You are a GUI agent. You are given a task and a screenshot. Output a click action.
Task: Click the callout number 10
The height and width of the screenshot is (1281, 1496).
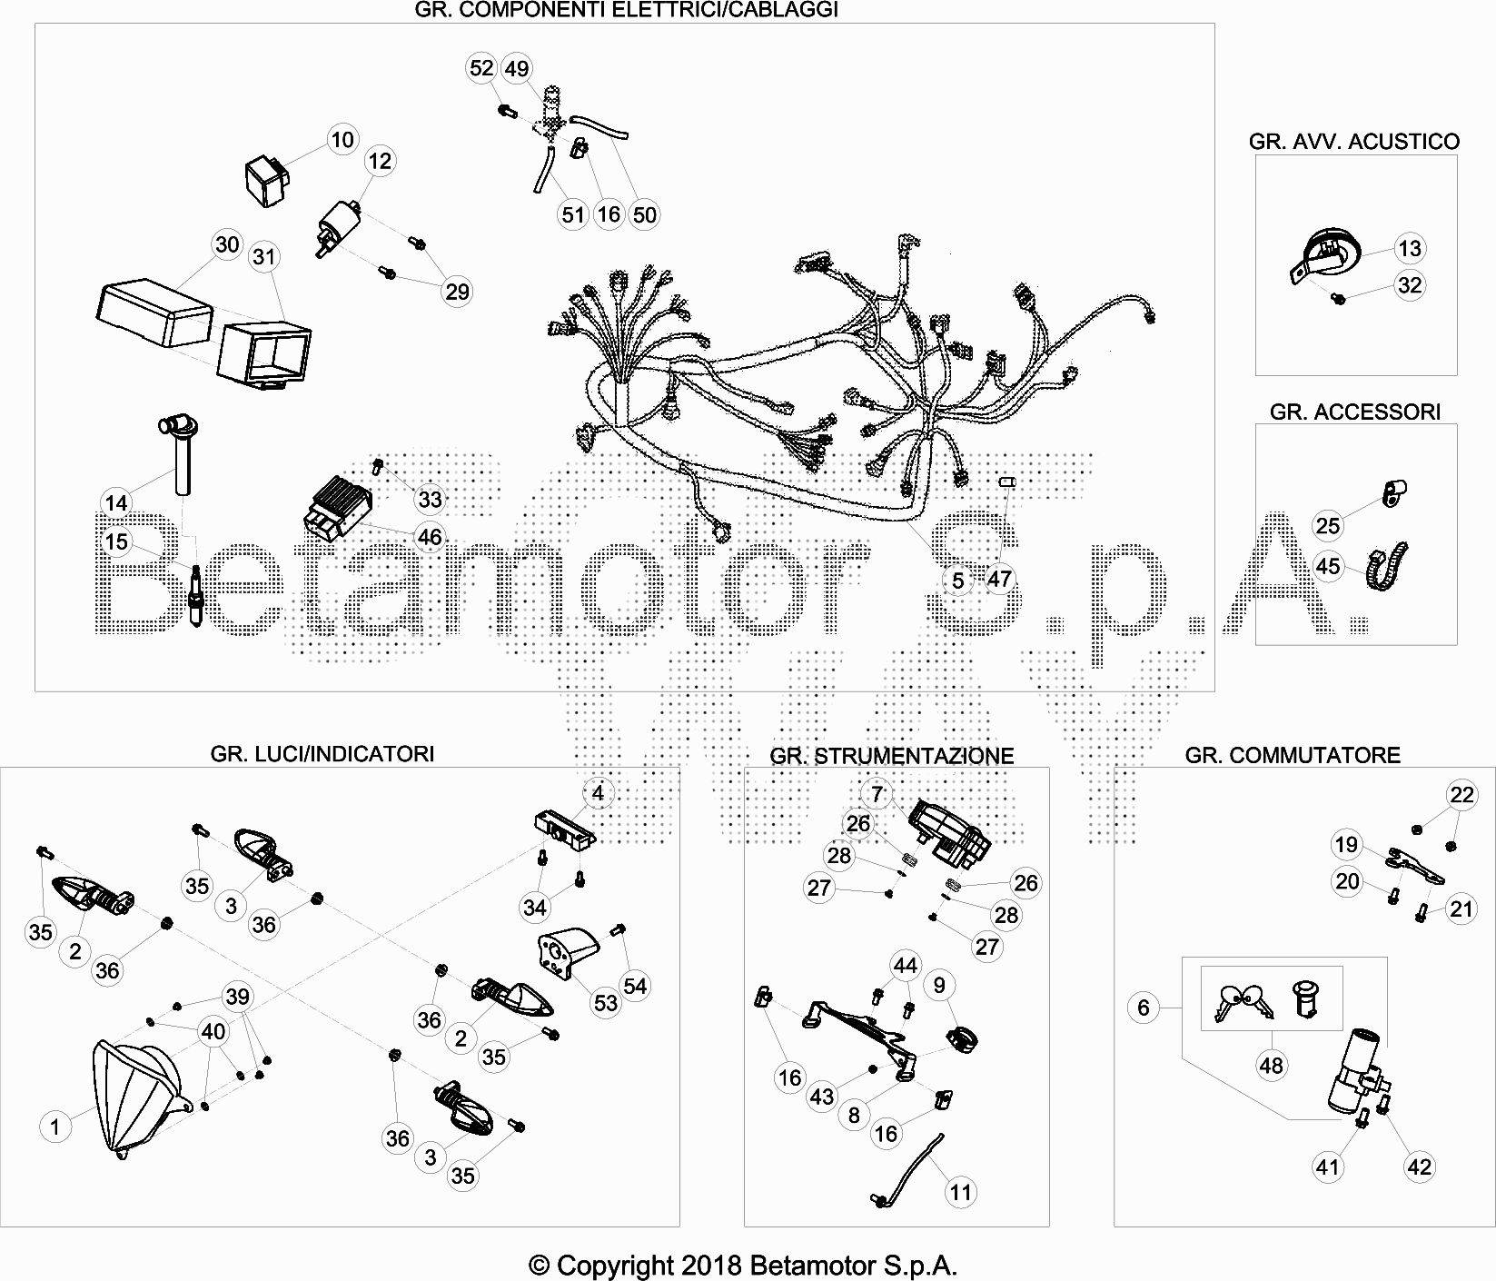[x=342, y=140]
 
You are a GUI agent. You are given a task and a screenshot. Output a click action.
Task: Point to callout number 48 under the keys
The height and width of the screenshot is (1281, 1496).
[x=1272, y=1065]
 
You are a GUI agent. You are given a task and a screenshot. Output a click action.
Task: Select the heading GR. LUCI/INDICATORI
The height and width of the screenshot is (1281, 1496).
[x=322, y=753]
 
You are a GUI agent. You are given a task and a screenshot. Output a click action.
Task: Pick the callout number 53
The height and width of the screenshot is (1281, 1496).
[x=606, y=1002]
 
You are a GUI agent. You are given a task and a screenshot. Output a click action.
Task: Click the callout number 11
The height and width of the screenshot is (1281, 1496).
[x=961, y=1192]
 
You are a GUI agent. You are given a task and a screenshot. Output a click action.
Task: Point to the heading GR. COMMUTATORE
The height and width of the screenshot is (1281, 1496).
[x=1293, y=755]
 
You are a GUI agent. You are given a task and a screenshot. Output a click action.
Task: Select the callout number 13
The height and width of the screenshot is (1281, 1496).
[x=1410, y=248]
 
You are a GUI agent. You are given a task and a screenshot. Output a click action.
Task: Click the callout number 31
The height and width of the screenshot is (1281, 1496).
[x=263, y=257]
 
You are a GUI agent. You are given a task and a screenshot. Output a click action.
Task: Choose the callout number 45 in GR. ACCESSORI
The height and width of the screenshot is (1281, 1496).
[x=1328, y=566]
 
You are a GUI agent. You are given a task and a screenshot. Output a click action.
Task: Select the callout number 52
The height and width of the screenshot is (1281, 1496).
[x=481, y=68]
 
